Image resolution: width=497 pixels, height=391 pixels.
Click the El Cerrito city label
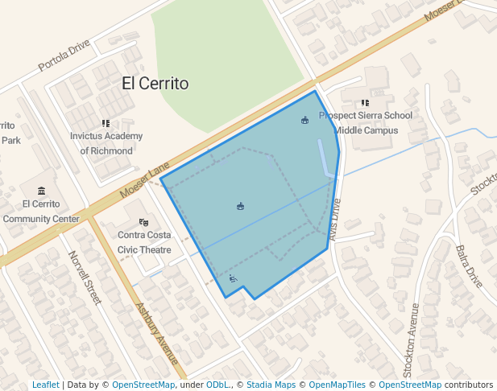(x=155, y=83)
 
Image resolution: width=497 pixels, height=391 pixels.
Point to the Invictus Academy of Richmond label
(x=106, y=143)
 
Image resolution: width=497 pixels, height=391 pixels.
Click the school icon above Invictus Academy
(x=106, y=123)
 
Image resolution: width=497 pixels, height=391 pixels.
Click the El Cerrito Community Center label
(x=41, y=211)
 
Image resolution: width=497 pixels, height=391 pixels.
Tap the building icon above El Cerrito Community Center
(x=41, y=191)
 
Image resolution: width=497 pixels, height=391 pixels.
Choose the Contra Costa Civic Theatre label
(x=145, y=242)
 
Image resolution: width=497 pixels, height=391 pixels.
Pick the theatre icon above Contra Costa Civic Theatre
(x=143, y=222)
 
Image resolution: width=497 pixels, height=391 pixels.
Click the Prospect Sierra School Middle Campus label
(x=366, y=122)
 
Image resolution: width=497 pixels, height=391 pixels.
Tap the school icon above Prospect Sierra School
(x=365, y=103)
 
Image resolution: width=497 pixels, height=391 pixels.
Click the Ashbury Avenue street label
(x=157, y=333)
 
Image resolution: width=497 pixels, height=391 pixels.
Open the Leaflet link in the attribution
(x=45, y=385)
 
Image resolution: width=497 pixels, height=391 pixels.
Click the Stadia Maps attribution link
(x=274, y=385)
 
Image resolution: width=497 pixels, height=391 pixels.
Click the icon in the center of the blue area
(x=240, y=207)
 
